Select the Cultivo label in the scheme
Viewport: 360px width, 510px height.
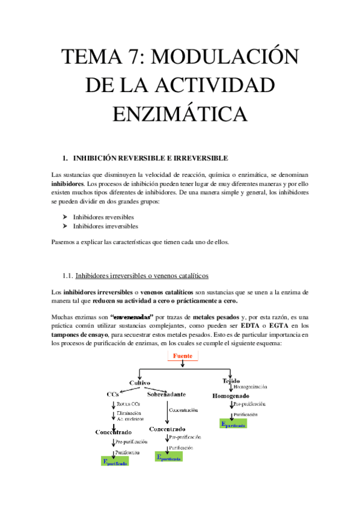click(139, 382)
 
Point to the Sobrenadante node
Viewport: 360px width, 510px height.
click(166, 394)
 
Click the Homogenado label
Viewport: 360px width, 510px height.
click(231, 396)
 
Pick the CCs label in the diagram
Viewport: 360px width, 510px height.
click(112, 394)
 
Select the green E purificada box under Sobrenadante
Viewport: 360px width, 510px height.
click(168, 457)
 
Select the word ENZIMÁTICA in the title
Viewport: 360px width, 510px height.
click(180, 113)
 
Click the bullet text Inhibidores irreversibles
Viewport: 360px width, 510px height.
click(105, 227)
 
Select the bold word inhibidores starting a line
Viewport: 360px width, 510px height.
click(68, 183)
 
